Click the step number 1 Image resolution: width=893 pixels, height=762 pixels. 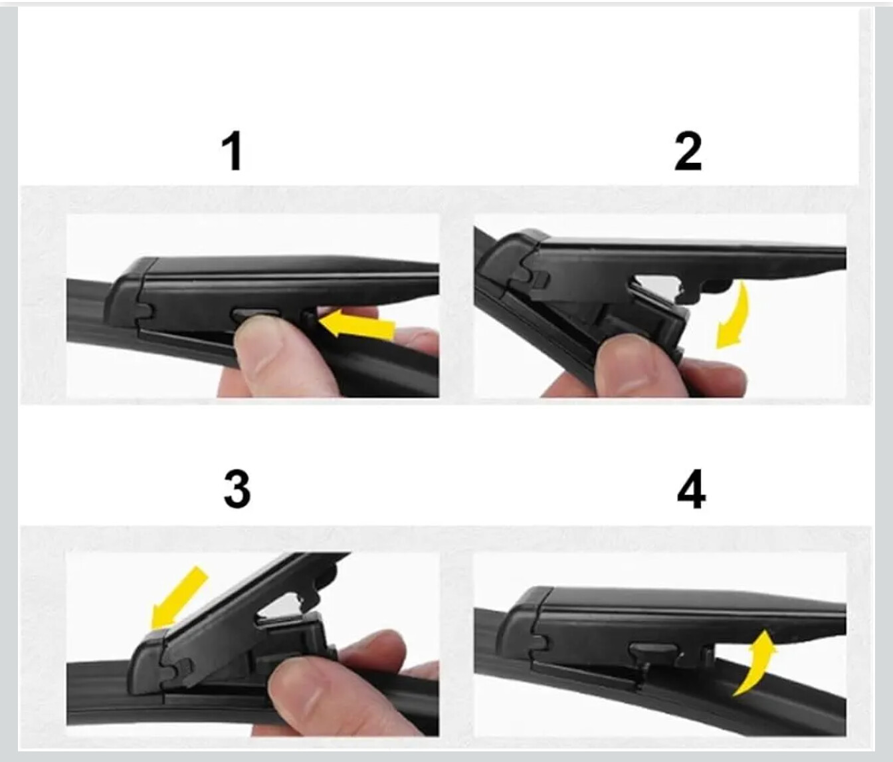232,152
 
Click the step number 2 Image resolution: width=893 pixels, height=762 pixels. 688,152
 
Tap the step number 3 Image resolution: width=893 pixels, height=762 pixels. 237,489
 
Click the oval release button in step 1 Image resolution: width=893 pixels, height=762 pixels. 256,314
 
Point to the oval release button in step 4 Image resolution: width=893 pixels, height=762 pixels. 653,649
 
